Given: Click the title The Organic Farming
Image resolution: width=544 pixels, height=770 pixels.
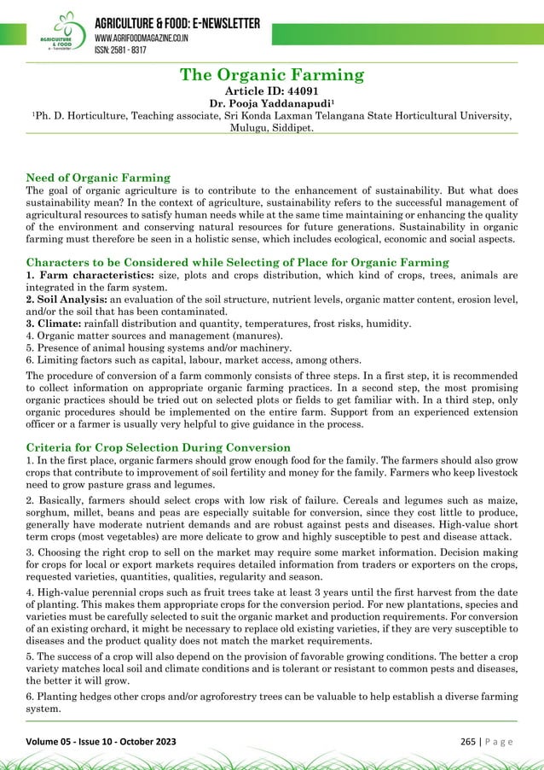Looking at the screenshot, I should pyautogui.click(x=272, y=75).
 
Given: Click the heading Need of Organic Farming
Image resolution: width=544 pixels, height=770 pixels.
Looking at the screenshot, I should pyautogui.click(x=99, y=178).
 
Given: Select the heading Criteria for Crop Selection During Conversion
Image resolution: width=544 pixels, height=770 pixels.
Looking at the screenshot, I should pyautogui.click(x=159, y=446).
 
